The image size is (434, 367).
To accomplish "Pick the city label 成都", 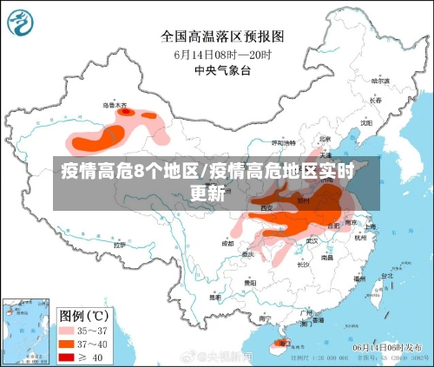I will pyautogui.click(x=227, y=244).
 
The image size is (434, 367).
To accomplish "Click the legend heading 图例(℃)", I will pyautogui.click(x=82, y=313).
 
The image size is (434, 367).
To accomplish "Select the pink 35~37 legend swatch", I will pyautogui.click(x=68, y=331).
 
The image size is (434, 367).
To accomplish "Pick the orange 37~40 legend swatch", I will pyautogui.click(x=68, y=343).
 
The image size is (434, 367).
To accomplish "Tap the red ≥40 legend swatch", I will pyautogui.click(x=68, y=355).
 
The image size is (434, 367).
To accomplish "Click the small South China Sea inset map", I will pyautogui.click(x=24, y=329).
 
